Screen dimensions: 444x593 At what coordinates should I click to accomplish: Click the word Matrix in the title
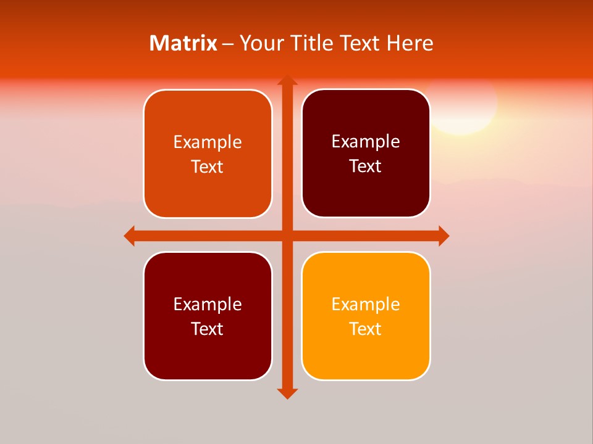coord(183,43)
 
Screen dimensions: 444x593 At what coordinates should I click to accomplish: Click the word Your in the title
coord(261,43)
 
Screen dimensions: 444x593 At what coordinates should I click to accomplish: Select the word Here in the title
coord(410,43)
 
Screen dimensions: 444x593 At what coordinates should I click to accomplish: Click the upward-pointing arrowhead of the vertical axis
coord(287,80)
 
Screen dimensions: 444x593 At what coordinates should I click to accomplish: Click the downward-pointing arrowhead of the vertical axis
coord(287,393)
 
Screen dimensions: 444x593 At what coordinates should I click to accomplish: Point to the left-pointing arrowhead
coord(130,236)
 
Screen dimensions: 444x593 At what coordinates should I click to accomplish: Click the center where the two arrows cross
coord(287,236)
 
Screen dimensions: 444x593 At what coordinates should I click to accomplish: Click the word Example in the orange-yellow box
coord(366,304)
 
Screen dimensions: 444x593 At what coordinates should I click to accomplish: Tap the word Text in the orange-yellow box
coord(366,329)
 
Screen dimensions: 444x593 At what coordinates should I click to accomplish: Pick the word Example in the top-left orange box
coord(208,142)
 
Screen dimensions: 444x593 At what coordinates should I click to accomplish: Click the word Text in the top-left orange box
coord(208,166)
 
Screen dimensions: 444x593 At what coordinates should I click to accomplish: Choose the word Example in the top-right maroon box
coord(366,141)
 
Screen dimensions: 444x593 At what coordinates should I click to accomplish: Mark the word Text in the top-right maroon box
coord(366,166)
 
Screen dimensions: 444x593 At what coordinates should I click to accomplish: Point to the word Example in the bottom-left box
coord(208,304)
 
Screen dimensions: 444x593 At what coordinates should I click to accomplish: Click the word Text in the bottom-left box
coord(208,329)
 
